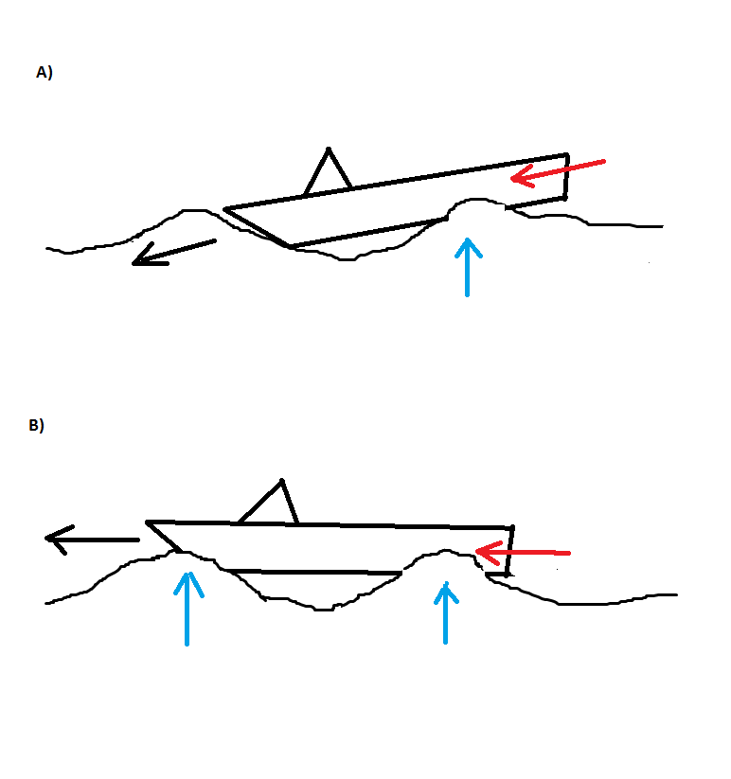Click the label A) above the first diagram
[44, 72]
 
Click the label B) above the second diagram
[36, 426]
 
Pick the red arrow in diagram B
[522, 551]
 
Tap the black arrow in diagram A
[174, 252]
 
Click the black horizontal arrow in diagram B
[93, 540]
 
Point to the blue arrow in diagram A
[467, 267]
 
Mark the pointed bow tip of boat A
[225, 209]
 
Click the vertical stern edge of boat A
[566, 177]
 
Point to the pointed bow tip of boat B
[148, 522]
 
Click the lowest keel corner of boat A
[290, 247]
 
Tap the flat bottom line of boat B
[312, 573]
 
